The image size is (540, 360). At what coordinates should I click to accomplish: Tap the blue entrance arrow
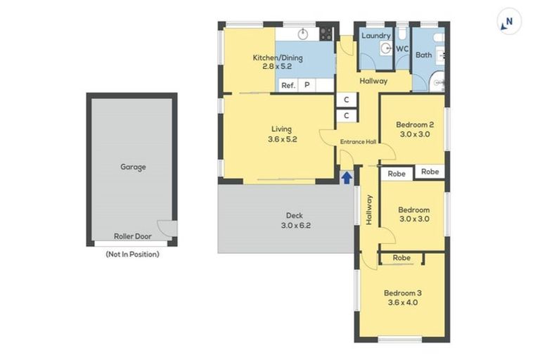pyautogui.click(x=346, y=177)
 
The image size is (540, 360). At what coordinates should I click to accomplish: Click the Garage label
pyautogui.click(x=133, y=167)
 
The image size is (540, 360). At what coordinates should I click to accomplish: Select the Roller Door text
pyautogui.click(x=132, y=236)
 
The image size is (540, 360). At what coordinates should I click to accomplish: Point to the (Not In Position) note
pyautogui.click(x=132, y=254)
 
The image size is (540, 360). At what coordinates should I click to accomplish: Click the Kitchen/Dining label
pyautogui.click(x=278, y=58)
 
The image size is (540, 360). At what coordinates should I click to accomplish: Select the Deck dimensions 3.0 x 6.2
pyautogui.click(x=297, y=226)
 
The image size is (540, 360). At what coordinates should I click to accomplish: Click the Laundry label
pyautogui.click(x=375, y=35)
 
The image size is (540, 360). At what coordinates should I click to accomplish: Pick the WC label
pyautogui.click(x=402, y=49)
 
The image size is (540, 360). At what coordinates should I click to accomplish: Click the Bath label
pyautogui.click(x=423, y=54)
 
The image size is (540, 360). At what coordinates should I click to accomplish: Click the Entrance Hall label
pyautogui.click(x=358, y=142)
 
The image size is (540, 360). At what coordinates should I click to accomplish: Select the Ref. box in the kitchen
pyautogui.click(x=288, y=85)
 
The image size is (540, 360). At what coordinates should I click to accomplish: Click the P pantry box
pyautogui.click(x=307, y=85)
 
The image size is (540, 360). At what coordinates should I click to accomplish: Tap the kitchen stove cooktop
pyautogui.click(x=326, y=34)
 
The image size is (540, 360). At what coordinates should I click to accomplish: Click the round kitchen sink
pyautogui.click(x=303, y=33)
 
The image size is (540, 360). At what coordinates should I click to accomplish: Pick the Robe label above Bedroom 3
pyautogui.click(x=401, y=258)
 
